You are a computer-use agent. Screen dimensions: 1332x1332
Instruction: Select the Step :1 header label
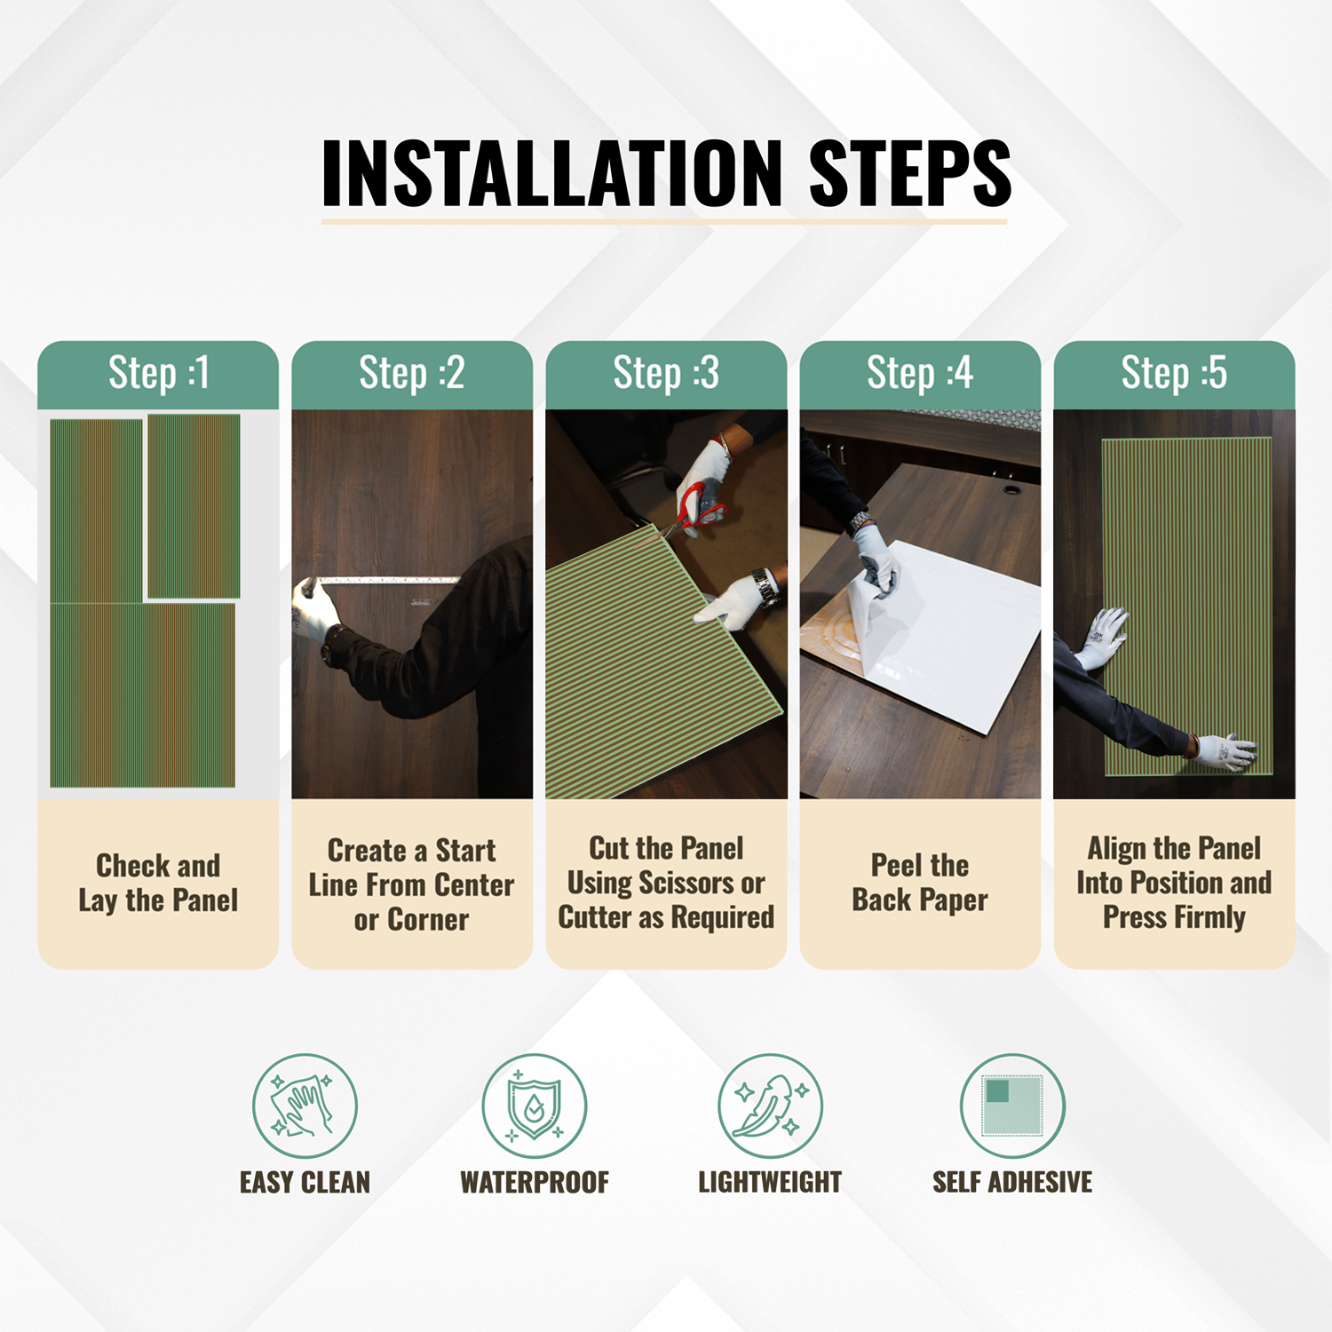click(x=159, y=373)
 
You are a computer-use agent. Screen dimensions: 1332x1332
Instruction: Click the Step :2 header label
click(x=412, y=373)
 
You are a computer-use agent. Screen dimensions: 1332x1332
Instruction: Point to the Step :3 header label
click(x=666, y=373)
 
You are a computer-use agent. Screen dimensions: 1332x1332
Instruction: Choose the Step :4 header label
click(x=920, y=373)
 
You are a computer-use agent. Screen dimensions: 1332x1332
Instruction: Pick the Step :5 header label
click(x=1174, y=373)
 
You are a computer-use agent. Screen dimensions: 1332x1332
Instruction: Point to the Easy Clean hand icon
click(x=305, y=1106)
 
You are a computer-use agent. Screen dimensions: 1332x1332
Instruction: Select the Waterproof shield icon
click(x=535, y=1106)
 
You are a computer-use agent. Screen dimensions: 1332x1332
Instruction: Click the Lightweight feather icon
click(x=770, y=1106)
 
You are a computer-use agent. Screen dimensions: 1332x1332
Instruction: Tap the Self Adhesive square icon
click(x=1012, y=1106)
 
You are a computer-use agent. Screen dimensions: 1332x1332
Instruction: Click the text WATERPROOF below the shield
click(x=535, y=1183)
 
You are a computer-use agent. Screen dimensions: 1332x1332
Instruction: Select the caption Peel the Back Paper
click(x=920, y=883)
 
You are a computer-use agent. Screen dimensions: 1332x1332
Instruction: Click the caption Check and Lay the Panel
click(x=159, y=883)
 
